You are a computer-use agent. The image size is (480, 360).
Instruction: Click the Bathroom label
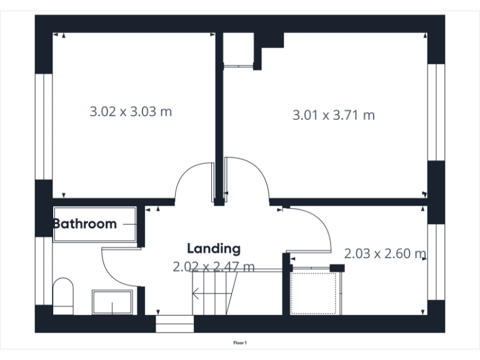coord(84,224)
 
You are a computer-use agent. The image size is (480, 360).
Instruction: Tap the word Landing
coord(214,248)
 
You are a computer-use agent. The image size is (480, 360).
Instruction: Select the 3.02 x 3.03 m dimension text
coord(131,112)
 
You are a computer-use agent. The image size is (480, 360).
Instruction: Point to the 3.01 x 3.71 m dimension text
coord(334,115)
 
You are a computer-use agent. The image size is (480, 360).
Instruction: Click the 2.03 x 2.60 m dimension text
coord(385,254)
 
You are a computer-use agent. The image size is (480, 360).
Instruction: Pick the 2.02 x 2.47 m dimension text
coord(214,267)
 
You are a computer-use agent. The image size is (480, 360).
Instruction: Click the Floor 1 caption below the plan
coord(241,342)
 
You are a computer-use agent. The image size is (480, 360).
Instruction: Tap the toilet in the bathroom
coord(63,295)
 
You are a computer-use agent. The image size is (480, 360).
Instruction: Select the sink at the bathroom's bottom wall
coord(112,302)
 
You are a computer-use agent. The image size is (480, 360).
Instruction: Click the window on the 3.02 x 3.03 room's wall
coord(44,126)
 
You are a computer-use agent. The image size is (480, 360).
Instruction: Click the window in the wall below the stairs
coord(175,324)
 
